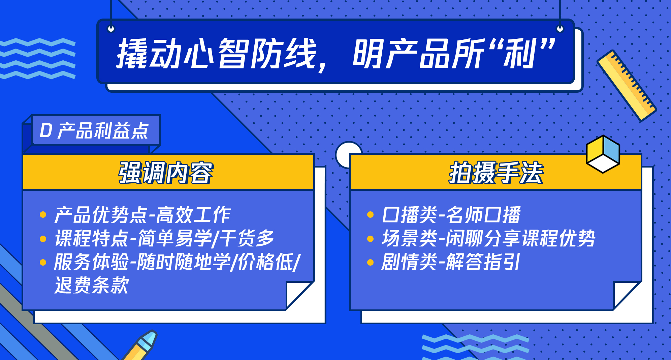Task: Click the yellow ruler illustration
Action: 627,86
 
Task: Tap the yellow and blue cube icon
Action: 603,154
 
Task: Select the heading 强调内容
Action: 166,173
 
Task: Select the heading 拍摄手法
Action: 496,173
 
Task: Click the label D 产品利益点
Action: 94,131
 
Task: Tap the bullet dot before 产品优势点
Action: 43,215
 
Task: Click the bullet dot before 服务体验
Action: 43,262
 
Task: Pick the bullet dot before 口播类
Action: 370,215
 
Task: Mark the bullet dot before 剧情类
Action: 370,262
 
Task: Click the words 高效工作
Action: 193,215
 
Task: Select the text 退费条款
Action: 92,285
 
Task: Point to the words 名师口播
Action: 483,215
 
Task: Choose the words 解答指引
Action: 483,262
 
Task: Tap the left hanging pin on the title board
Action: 111,29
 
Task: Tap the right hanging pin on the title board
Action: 560,29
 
